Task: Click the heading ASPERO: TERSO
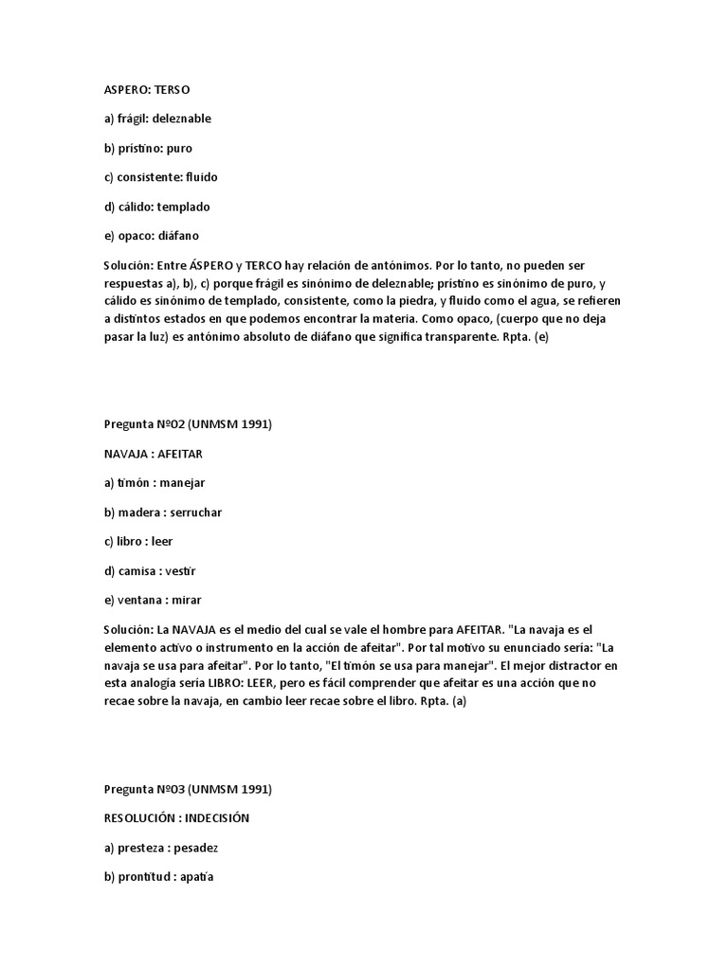pyautogui.click(x=146, y=89)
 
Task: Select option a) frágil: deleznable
pyautogui.click(x=157, y=118)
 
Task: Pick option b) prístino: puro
pyautogui.click(x=148, y=148)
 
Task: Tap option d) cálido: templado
pyautogui.click(x=157, y=207)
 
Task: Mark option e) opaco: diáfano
pyautogui.click(x=152, y=236)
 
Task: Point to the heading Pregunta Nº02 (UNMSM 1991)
pyautogui.click(x=188, y=424)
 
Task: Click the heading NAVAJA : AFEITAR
pyautogui.click(x=153, y=454)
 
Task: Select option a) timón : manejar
pyautogui.click(x=155, y=483)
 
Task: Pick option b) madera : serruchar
pyautogui.click(x=163, y=512)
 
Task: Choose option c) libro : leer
pyautogui.click(x=138, y=541)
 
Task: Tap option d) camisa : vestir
pyautogui.click(x=151, y=571)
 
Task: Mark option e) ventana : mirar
pyautogui.click(x=152, y=600)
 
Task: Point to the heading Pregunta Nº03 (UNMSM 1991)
pyautogui.click(x=188, y=788)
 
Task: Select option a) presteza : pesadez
pyautogui.click(x=162, y=847)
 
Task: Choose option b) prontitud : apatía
pyautogui.click(x=159, y=876)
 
